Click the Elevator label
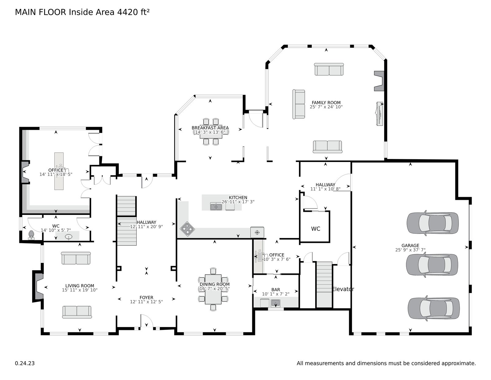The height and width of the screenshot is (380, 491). [x=343, y=289]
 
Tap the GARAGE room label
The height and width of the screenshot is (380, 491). [x=410, y=246]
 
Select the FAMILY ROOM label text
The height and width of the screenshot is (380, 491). [x=326, y=102]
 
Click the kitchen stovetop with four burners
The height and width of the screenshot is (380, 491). [x=187, y=229]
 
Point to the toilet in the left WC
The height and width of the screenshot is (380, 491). [x=31, y=235]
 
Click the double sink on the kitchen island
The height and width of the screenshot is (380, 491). [x=216, y=206]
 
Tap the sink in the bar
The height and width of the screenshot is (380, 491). [x=276, y=303]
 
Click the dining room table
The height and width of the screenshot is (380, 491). [x=213, y=289]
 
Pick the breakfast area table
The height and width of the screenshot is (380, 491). [x=211, y=132]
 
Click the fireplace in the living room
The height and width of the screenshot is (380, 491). [x=38, y=286]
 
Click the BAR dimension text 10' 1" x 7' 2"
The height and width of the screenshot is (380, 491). [x=276, y=294]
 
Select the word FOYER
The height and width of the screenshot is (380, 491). [x=146, y=297]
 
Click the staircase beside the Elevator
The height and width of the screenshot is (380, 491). [x=324, y=285]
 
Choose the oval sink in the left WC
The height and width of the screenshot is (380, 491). [x=68, y=237]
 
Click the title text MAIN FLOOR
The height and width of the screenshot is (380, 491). [x=41, y=12]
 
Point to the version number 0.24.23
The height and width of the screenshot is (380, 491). [x=25, y=363]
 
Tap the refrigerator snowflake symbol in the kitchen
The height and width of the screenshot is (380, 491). [x=257, y=232]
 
